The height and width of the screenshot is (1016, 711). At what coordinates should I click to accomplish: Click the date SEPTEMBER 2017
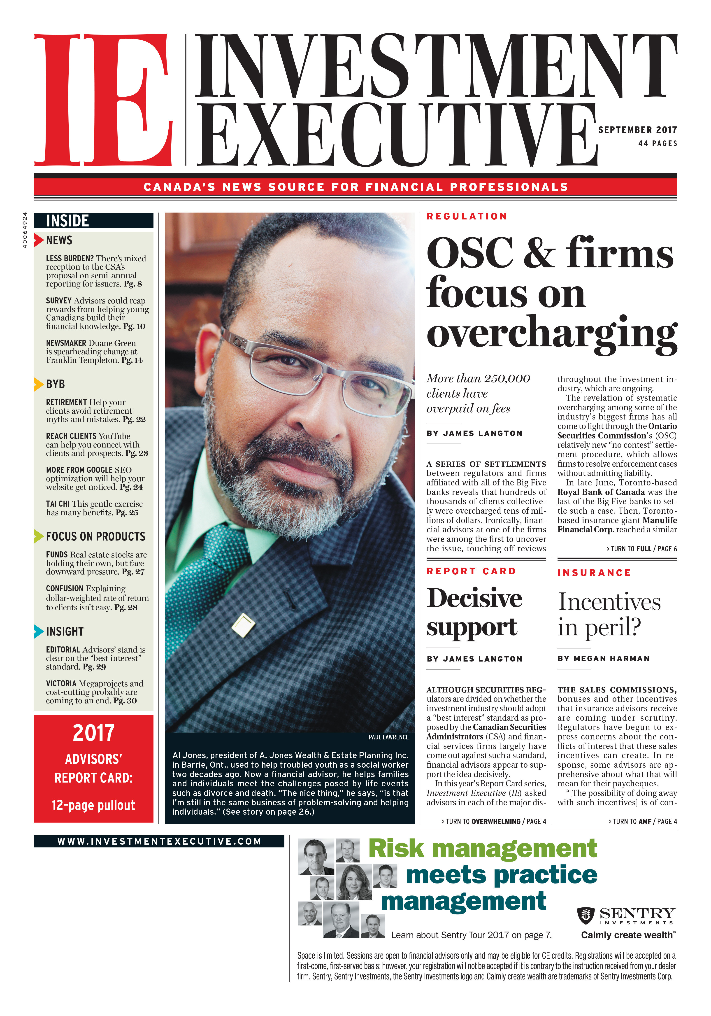pos(637,130)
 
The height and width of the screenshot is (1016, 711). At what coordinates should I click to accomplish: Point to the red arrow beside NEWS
pos(39,240)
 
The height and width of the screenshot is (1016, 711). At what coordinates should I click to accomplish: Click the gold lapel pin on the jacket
pos(243,625)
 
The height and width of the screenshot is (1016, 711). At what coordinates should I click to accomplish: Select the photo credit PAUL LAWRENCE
pos(388,737)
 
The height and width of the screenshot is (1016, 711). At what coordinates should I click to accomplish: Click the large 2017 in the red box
pos(93,733)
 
